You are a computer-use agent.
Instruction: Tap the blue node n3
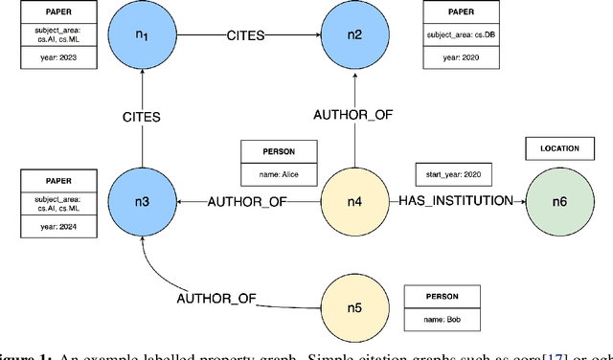[x=141, y=201]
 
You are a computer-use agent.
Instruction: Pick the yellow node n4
[x=354, y=201]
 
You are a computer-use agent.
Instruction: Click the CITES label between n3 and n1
[x=141, y=119]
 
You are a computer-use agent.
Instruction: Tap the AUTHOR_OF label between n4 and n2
[x=354, y=115]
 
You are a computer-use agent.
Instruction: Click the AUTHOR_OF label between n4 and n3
[x=248, y=201]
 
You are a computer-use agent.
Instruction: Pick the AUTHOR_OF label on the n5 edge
[x=216, y=298]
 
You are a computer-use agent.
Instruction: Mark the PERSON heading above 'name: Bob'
[x=438, y=296]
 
